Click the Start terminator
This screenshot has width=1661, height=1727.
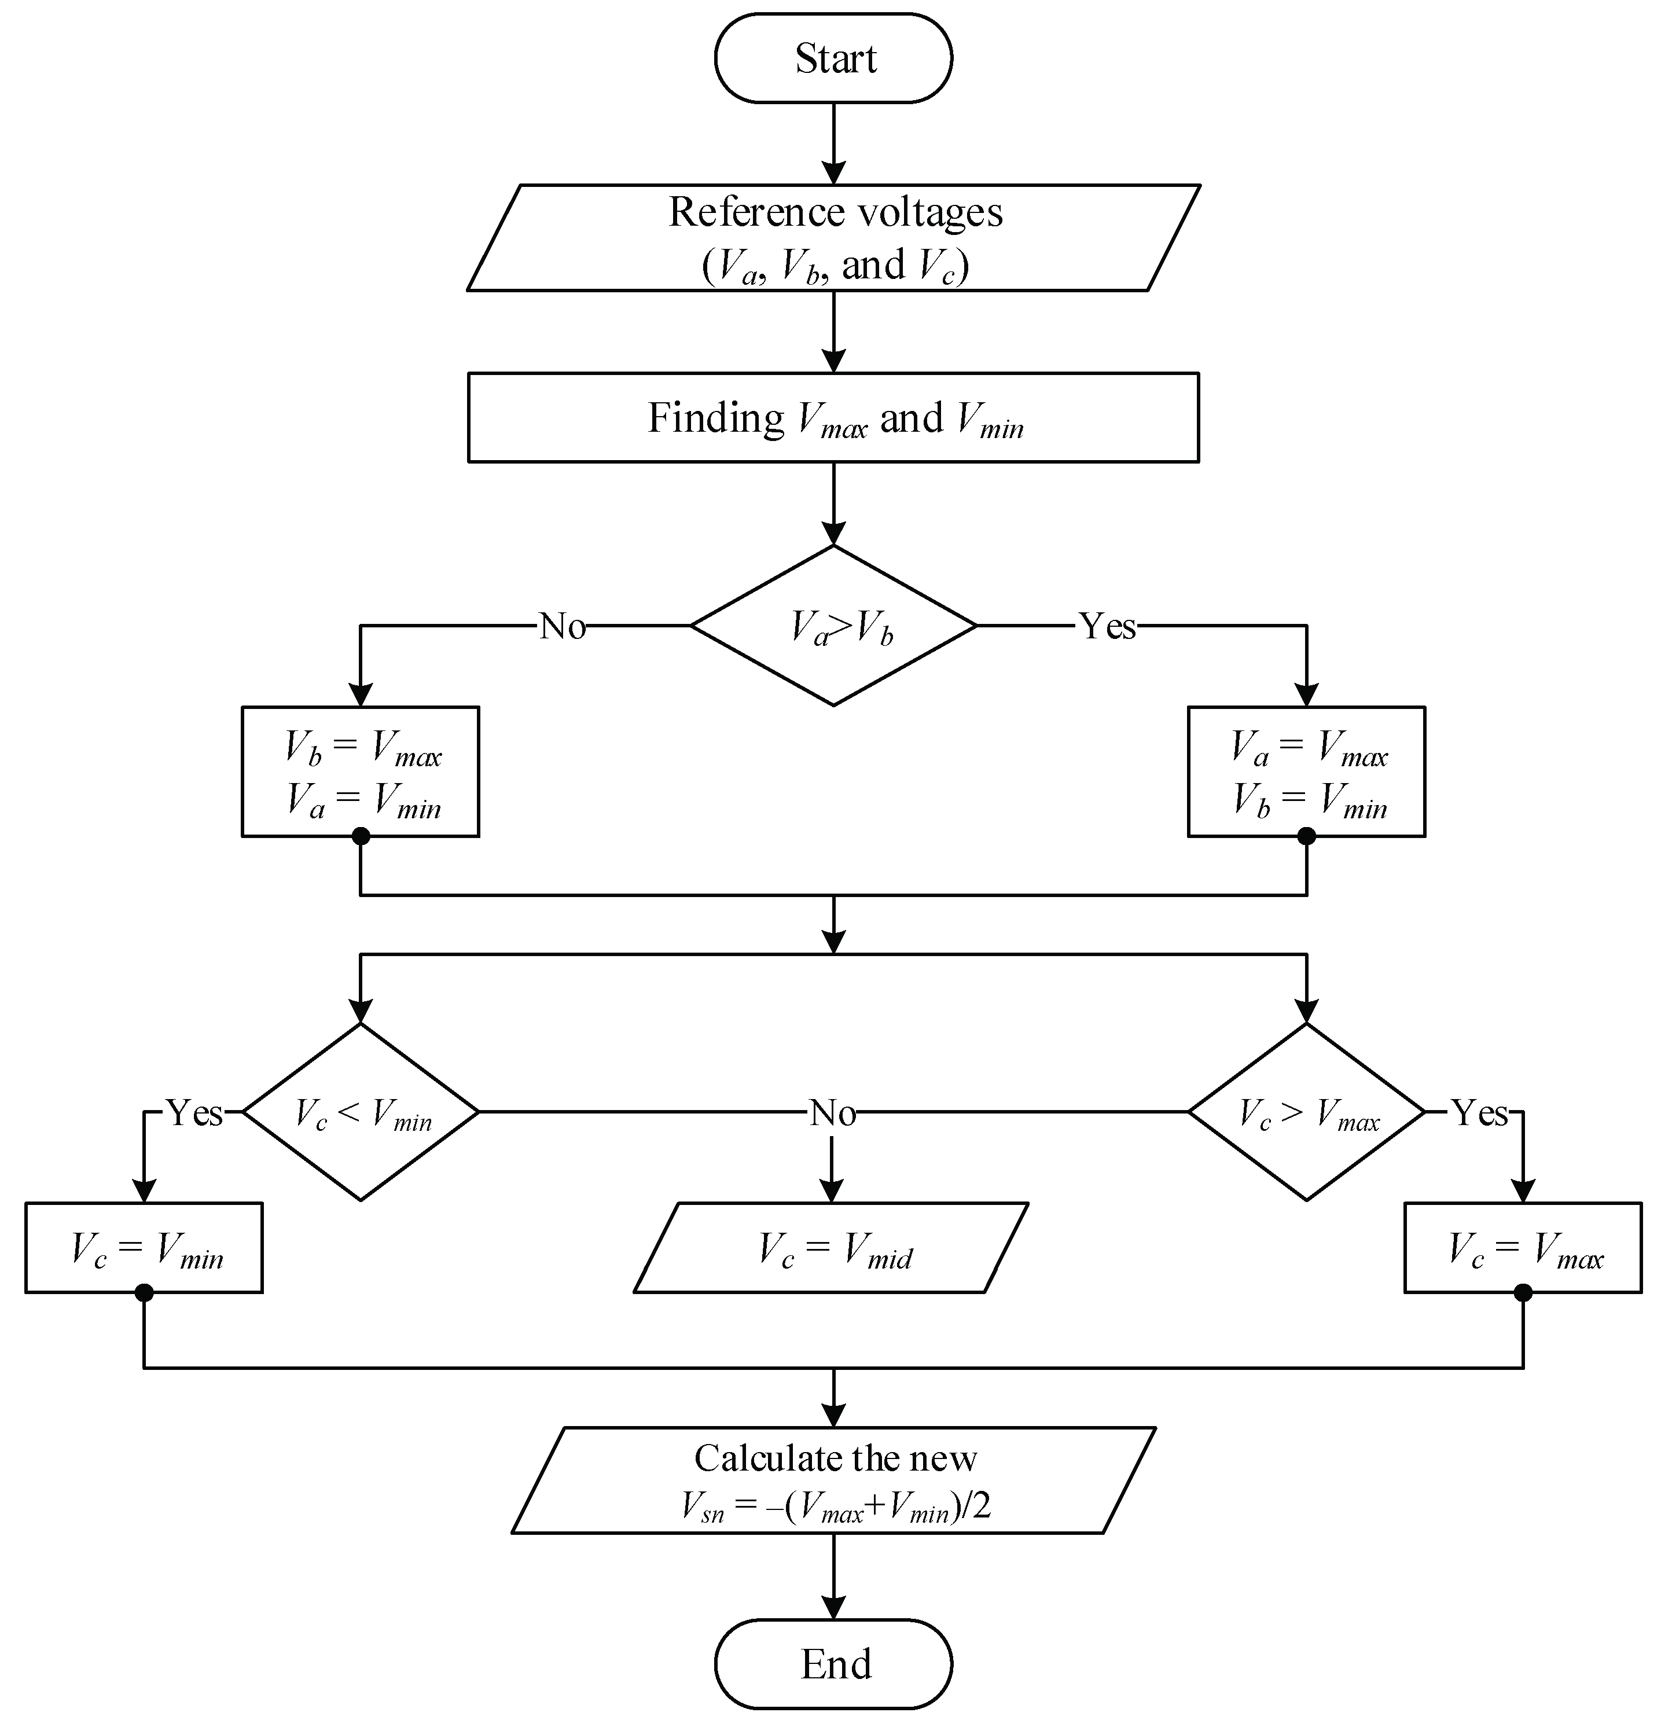[833, 58]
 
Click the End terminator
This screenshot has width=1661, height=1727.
[833, 1663]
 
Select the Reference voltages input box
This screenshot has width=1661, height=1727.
[833, 238]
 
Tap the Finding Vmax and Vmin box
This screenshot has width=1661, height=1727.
[833, 418]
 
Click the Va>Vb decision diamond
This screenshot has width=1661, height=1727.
[833, 626]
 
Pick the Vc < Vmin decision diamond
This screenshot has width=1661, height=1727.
[361, 1112]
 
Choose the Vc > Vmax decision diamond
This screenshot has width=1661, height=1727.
[1306, 1112]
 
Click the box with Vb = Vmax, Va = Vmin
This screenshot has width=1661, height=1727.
[361, 772]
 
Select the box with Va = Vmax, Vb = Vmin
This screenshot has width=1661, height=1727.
[1306, 772]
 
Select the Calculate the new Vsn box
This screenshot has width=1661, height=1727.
[833, 1480]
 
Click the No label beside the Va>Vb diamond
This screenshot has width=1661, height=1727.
[562, 626]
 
